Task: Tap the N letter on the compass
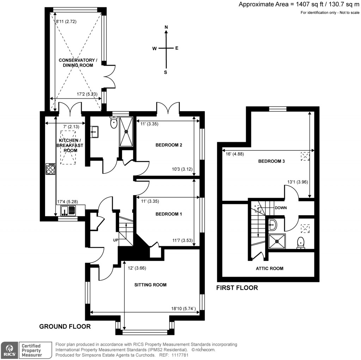(x=166, y=27)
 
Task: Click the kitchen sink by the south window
(x=68, y=210)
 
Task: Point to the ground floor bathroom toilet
(x=114, y=123)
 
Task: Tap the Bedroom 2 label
(x=169, y=145)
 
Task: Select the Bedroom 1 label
(x=169, y=214)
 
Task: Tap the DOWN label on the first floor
(x=281, y=208)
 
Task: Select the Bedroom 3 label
(x=271, y=161)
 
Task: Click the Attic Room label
(x=269, y=268)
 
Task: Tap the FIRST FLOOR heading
(x=237, y=288)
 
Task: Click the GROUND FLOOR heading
(x=65, y=326)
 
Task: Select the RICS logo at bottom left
(x=9, y=350)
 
